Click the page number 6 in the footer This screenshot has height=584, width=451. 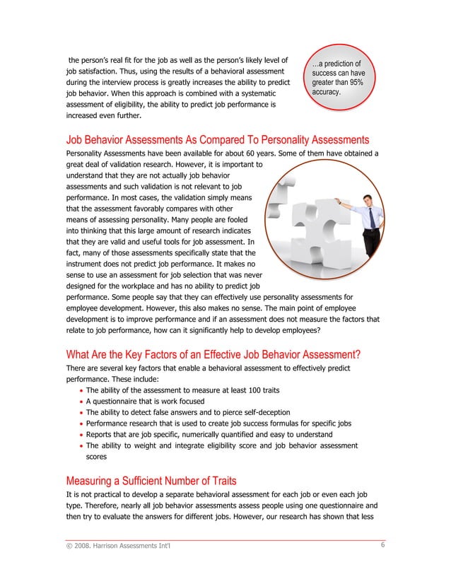382,545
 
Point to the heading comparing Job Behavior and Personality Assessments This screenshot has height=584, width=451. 218,139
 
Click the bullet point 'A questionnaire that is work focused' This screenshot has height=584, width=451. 154,400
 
